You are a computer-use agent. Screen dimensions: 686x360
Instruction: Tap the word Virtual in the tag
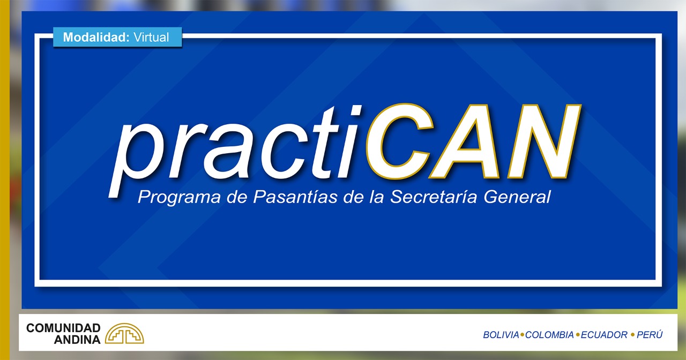pyautogui.click(x=151, y=37)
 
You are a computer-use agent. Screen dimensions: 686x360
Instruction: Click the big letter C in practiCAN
pyautogui.click(x=400, y=141)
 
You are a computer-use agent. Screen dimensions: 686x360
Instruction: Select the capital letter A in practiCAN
pyautogui.click(x=466, y=141)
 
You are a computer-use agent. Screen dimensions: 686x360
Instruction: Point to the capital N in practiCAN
pyautogui.click(x=544, y=141)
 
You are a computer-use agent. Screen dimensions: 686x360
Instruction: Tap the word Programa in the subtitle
pyautogui.click(x=179, y=197)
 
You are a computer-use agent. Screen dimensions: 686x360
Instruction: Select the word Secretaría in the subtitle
pyautogui.click(x=434, y=196)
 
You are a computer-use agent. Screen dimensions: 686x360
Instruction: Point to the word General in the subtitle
pyautogui.click(x=517, y=196)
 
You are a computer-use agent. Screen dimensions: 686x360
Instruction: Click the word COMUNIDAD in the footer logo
pyautogui.click(x=63, y=328)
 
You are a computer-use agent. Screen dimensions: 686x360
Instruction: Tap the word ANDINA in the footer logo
pyautogui.click(x=77, y=340)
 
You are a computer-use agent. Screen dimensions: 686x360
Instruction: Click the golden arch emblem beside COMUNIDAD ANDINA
pyautogui.click(x=124, y=333)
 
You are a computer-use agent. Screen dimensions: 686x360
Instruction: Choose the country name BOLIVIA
pyautogui.click(x=501, y=335)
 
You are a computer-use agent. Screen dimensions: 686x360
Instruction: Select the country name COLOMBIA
pyautogui.click(x=549, y=335)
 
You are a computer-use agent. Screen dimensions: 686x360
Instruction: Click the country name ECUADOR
pyautogui.click(x=604, y=335)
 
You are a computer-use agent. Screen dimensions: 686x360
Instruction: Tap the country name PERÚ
pyautogui.click(x=650, y=335)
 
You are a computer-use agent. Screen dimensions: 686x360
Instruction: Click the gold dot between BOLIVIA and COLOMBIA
pyautogui.click(x=522, y=335)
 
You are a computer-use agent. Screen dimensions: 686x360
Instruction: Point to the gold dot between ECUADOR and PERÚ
pyautogui.click(x=632, y=335)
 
